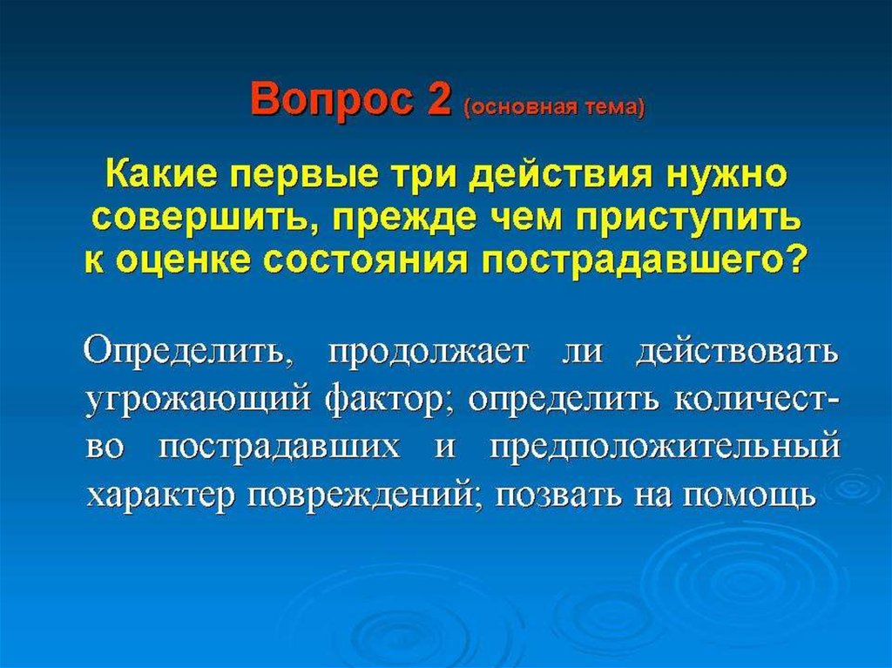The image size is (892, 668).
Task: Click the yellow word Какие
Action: [x=160, y=175]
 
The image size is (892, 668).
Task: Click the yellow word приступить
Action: [x=689, y=218]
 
